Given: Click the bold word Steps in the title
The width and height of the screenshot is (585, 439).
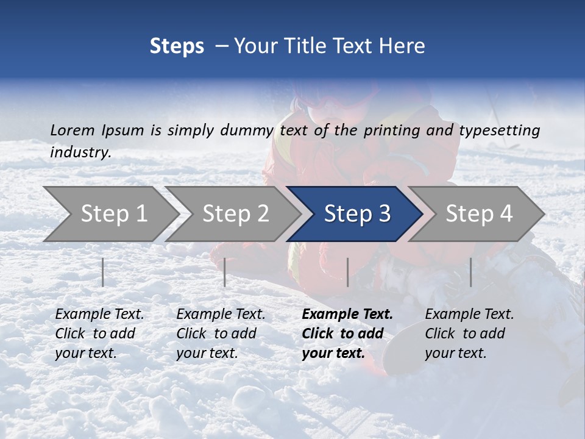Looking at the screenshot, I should click(x=177, y=46).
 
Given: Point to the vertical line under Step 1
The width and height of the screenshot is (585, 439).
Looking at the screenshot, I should click(x=103, y=272).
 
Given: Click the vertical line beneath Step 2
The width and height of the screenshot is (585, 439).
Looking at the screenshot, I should click(x=225, y=272).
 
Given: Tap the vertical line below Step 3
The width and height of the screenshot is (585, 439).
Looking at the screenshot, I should click(x=348, y=272).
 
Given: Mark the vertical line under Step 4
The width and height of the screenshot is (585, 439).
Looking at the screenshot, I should click(x=471, y=272).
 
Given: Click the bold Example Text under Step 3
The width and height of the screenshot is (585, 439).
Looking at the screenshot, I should click(x=347, y=334).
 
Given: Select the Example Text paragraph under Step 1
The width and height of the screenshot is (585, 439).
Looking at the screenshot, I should click(x=99, y=334).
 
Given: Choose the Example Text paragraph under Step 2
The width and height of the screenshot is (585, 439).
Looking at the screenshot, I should click(x=221, y=334).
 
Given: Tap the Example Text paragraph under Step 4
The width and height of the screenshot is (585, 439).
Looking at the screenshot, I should click(x=469, y=334).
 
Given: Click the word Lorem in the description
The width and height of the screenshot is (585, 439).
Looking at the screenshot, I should click(x=73, y=130).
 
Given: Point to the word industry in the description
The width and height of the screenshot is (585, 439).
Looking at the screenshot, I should click(x=80, y=152).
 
